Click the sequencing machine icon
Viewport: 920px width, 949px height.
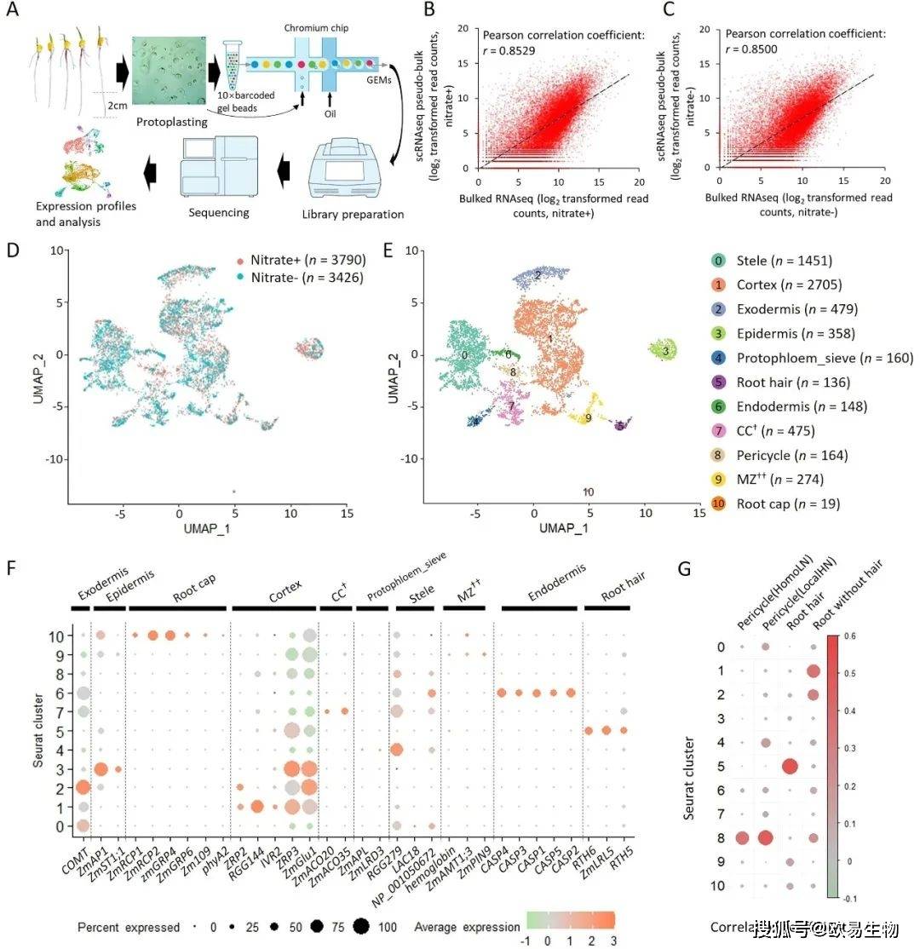[x=219, y=175]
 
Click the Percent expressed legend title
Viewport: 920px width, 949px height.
[x=129, y=926]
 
